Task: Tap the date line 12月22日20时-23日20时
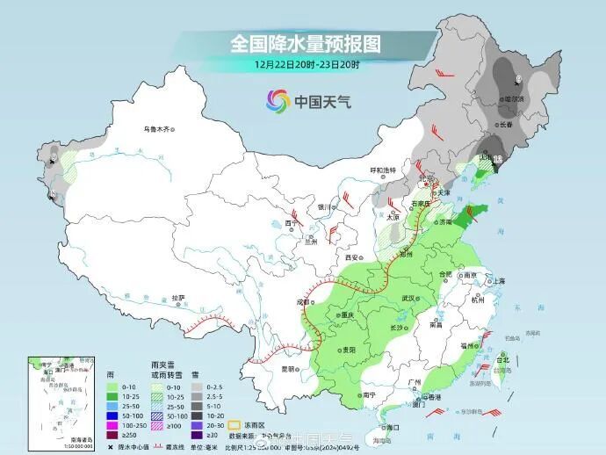click(x=307, y=64)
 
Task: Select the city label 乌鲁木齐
click(x=155, y=129)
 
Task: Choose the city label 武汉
click(x=408, y=299)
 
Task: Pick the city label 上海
click(x=498, y=281)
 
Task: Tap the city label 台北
click(x=503, y=360)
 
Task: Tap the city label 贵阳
click(x=349, y=350)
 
